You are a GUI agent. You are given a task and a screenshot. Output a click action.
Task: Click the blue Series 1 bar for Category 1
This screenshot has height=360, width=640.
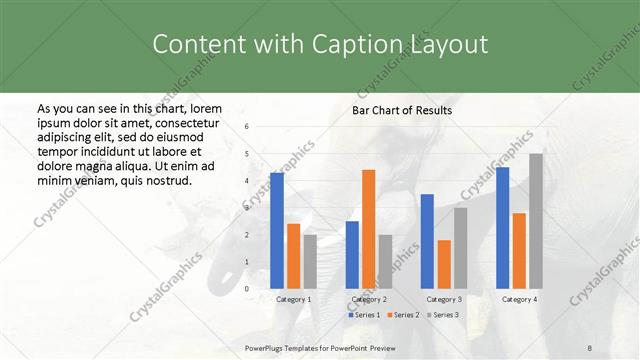click(277, 230)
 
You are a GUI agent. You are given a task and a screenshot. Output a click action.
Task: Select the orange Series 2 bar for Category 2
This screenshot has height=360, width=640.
click(368, 228)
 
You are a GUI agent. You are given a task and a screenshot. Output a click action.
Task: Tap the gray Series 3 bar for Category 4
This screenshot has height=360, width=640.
click(536, 220)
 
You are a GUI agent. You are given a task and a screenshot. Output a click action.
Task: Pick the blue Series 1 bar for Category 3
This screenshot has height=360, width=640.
click(427, 240)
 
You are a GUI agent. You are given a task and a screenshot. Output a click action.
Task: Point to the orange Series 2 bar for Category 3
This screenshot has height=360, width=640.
click(444, 263)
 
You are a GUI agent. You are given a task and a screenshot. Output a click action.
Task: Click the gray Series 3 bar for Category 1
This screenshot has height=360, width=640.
click(310, 261)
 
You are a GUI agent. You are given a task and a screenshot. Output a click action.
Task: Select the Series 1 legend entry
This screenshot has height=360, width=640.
click(364, 315)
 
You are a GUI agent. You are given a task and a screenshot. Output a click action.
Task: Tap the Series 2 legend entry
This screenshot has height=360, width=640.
click(402, 315)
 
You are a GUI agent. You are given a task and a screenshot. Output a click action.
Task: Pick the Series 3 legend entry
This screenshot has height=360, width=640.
click(441, 315)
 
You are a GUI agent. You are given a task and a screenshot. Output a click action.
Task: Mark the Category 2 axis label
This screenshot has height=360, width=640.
click(369, 299)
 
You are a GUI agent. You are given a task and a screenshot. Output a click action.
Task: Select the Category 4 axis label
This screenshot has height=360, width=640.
click(519, 299)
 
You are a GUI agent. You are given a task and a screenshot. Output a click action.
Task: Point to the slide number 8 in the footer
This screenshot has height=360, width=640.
click(590, 345)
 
